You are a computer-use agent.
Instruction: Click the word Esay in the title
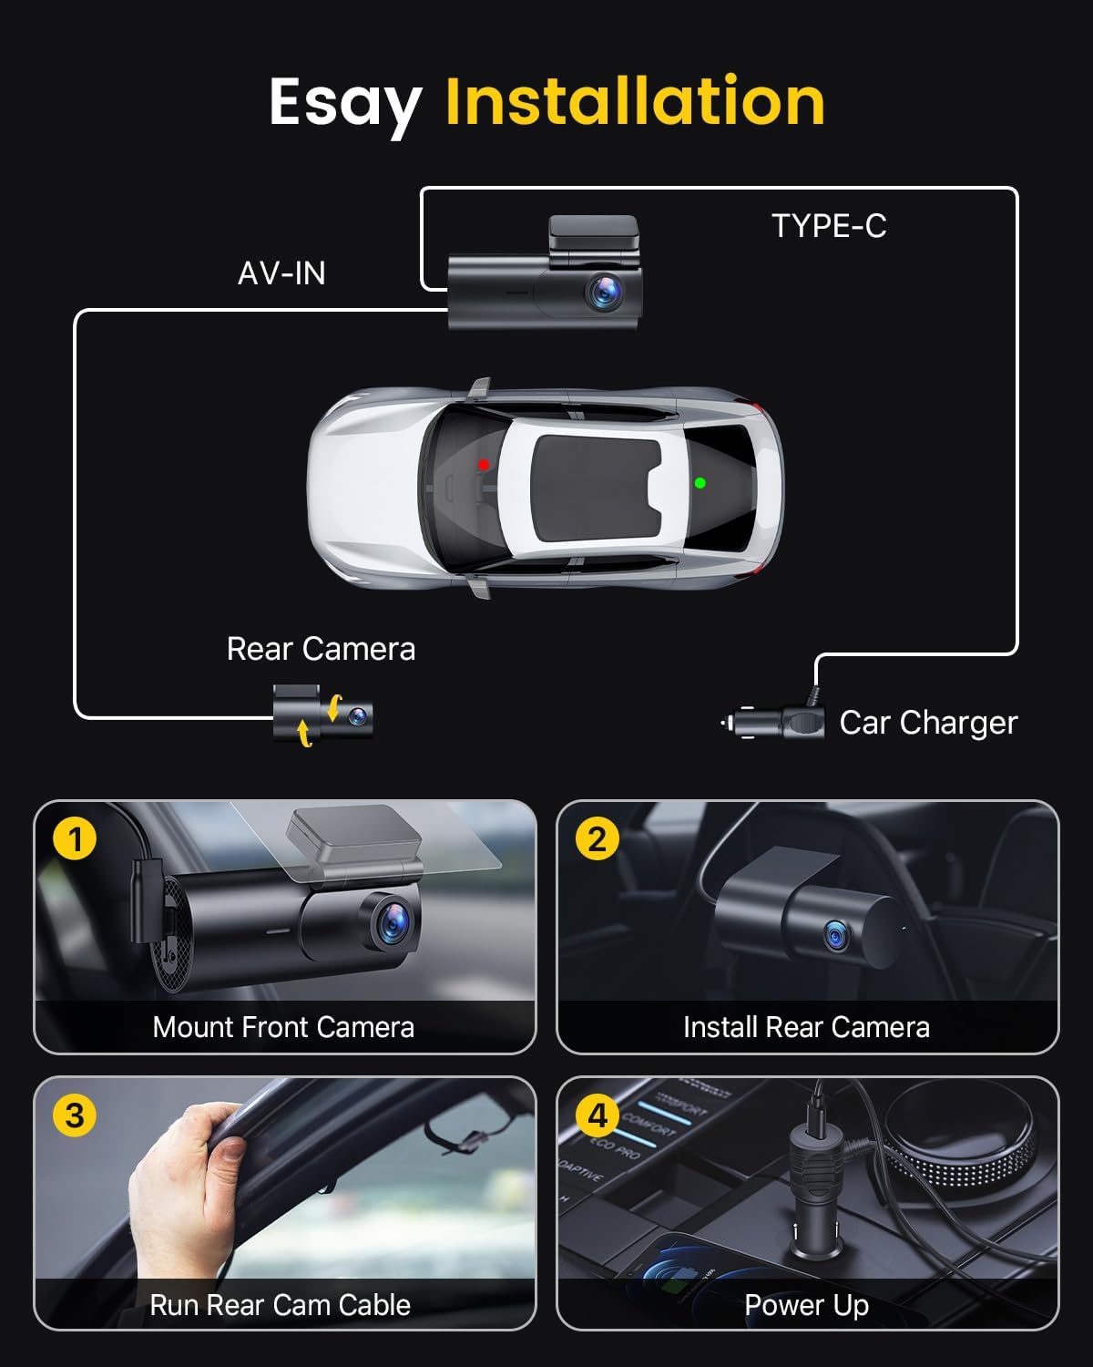click(344, 102)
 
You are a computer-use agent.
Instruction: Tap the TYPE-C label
click(828, 226)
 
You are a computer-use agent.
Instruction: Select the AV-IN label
click(281, 273)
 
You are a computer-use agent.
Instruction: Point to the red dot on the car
click(484, 465)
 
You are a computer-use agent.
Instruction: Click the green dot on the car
click(700, 483)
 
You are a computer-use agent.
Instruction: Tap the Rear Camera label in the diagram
click(321, 649)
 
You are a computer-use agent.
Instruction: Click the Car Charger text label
click(927, 723)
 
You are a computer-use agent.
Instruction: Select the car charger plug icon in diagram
click(774, 723)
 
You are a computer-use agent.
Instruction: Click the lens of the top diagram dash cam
click(603, 292)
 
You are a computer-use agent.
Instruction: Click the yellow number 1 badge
click(75, 838)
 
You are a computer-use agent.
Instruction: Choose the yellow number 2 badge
click(598, 838)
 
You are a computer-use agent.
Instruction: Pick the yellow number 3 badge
click(75, 1115)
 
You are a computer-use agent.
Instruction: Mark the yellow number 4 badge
click(598, 1115)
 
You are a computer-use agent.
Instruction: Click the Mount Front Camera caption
click(283, 1027)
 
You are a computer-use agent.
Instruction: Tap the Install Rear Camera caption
click(806, 1027)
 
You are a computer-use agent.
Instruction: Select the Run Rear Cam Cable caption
click(280, 1305)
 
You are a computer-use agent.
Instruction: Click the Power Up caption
click(806, 1305)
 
